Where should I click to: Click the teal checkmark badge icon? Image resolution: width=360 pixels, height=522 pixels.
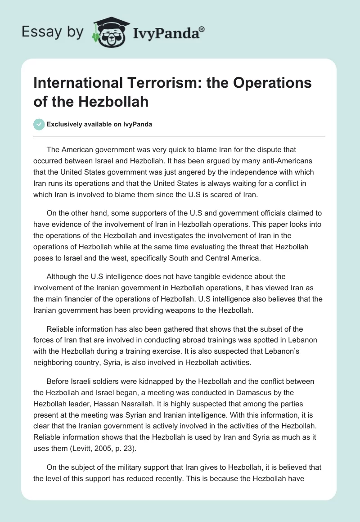click(x=40, y=125)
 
